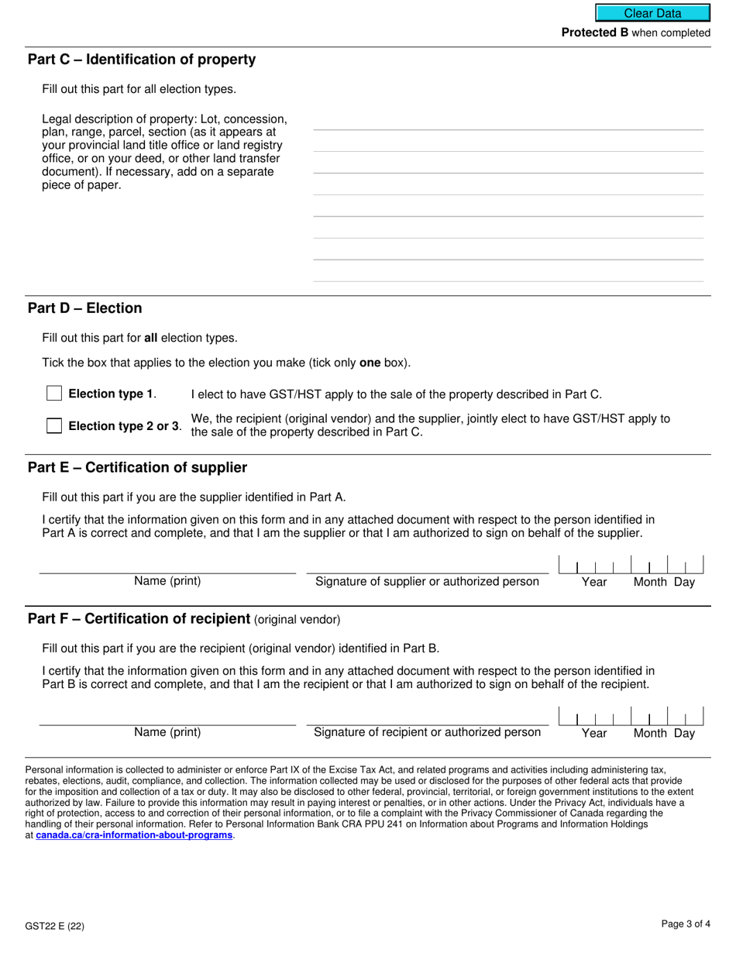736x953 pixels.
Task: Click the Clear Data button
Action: [x=652, y=13]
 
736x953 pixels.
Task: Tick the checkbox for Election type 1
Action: [x=54, y=394]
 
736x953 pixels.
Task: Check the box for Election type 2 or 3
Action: [x=54, y=425]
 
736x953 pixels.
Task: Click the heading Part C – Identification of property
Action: [x=142, y=60]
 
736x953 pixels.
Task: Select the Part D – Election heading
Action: [x=85, y=308]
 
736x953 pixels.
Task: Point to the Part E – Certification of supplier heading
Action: [x=138, y=467]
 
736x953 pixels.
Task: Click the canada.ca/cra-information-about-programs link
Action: [x=134, y=835]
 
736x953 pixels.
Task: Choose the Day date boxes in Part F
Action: [x=686, y=716]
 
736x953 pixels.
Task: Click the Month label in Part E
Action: [x=650, y=582]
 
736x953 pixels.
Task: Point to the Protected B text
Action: [x=594, y=33]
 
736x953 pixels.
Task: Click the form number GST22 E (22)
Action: [x=54, y=925]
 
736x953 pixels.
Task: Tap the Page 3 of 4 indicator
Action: [x=686, y=924]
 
